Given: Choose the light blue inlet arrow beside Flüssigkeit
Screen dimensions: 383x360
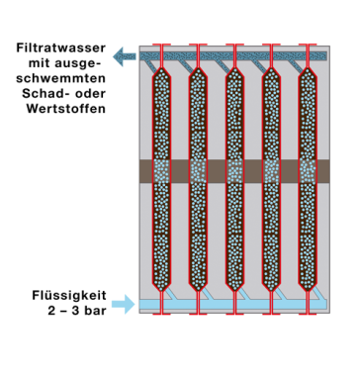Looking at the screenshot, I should pyautogui.click(x=124, y=304).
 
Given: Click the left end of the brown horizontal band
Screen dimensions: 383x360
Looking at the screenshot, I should pyautogui.click(x=144, y=170).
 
